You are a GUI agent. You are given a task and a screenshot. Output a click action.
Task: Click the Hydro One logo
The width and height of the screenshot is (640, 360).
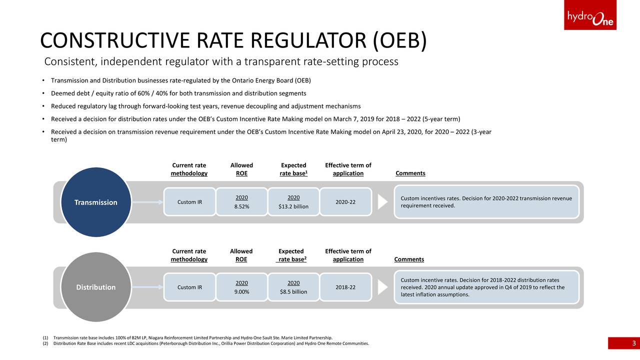click(x=590, y=15)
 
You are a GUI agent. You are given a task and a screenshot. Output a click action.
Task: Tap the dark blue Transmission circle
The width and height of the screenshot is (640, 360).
click(x=96, y=202)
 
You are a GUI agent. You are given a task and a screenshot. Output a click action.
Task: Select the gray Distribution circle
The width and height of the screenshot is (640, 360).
click(x=96, y=287)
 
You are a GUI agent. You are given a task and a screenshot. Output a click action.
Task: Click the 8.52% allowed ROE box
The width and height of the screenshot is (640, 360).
click(x=241, y=201)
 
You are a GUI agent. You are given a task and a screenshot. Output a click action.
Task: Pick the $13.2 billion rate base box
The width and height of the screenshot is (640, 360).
click(x=293, y=201)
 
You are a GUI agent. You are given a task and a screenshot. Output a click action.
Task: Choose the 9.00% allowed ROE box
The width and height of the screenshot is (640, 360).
click(x=241, y=287)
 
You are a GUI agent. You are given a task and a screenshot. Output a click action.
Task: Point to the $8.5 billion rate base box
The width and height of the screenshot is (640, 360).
click(x=293, y=287)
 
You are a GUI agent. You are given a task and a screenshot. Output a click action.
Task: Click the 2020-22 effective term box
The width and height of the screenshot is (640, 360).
click(x=345, y=201)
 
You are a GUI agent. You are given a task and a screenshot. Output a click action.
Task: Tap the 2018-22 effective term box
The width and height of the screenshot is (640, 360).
click(x=345, y=287)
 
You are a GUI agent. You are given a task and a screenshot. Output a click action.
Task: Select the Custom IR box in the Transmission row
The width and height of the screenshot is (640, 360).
click(x=189, y=201)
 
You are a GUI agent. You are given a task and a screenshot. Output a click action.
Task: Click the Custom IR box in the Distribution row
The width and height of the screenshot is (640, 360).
click(x=189, y=287)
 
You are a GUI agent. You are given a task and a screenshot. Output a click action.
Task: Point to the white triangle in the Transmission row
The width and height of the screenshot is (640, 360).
click(x=382, y=202)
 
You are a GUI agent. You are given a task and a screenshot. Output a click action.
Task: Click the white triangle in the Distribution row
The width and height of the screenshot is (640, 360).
click(x=382, y=287)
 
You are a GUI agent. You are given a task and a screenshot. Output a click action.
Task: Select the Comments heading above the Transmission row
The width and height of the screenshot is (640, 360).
click(x=410, y=173)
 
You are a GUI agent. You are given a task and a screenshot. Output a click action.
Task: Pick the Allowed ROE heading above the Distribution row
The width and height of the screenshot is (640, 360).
click(x=241, y=255)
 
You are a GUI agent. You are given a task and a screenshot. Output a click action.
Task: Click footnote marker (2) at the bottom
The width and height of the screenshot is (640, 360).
click(x=45, y=343)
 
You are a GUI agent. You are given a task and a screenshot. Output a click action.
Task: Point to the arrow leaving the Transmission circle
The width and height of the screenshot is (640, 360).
click(x=147, y=202)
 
